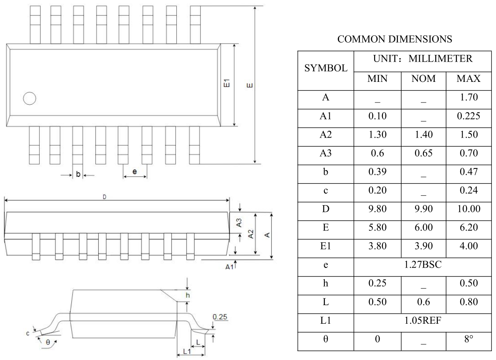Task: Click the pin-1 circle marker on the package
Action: pyautogui.click(x=30, y=98)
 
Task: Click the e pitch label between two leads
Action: pyautogui.click(x=135, y=172)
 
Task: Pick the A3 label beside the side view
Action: pyautogui.click(x=239, y=223)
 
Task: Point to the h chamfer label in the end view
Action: pyautogui.click(x=189, y=295)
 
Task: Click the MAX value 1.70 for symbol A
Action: pyautogui.click(x=469, y=98)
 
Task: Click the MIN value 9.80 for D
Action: pyautogui.click(x=375, y=209)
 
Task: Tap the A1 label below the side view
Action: pyautogui.click(x=229, y=267)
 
